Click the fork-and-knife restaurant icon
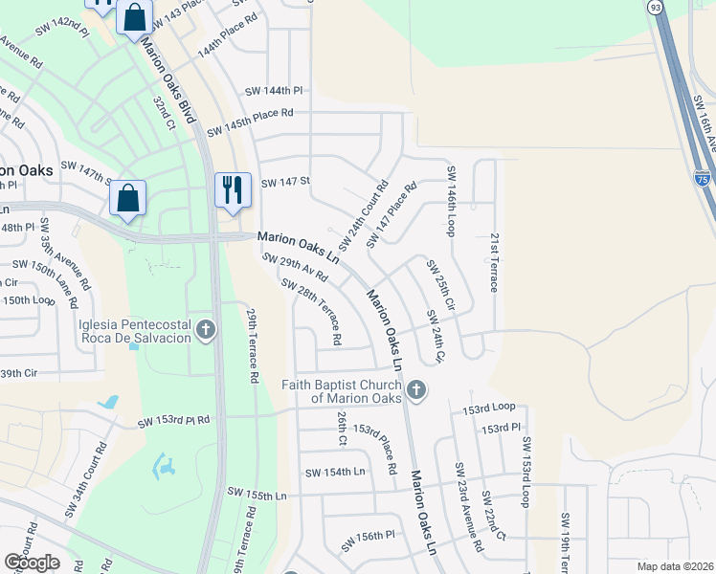click(233, 189)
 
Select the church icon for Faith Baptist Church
click(415, 389)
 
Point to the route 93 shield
click(655, 7)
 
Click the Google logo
click(32, 563)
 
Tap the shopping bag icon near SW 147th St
click(128, 198)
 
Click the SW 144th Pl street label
click(273, 91)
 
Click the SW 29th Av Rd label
click(295, 268)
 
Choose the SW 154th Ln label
click(335, 473)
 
